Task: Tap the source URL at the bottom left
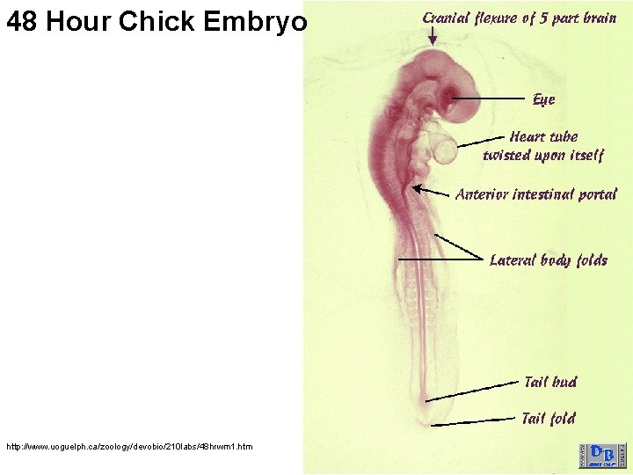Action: [129, 447]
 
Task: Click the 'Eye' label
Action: [543, 99]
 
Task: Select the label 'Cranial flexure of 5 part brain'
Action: [520, 18]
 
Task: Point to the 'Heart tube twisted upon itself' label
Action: [543, 146]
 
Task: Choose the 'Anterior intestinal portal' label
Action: [536, 194]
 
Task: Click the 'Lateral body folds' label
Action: [548, 259]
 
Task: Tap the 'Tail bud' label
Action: [550, 381]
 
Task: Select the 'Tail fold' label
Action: [549, 418]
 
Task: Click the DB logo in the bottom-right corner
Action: [602, 455]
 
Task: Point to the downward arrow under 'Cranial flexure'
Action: [433, 35]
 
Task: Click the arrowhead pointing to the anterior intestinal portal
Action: [416, 186]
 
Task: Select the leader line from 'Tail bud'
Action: [475, 391]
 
